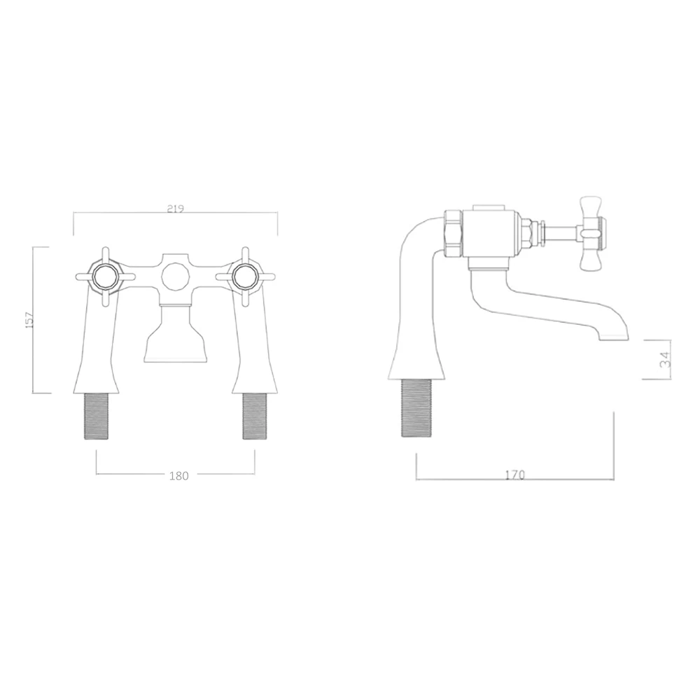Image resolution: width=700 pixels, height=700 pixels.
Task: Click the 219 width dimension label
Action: coord(176,209)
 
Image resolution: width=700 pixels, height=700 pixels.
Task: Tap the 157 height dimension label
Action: coord(29,320)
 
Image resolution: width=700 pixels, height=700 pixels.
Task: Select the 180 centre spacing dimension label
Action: coord(179,476)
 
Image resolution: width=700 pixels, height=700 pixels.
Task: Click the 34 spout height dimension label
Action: coord(665,358)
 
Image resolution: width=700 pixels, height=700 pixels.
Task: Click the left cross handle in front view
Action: coord(106,276)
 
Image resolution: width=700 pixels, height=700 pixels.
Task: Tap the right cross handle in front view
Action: coord(244,276)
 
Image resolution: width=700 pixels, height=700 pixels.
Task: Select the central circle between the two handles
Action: coord(175,276)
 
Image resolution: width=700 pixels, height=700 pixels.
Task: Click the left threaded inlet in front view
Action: coord(96,416)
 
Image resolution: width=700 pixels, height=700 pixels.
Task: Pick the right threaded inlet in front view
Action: coord(255,416)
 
